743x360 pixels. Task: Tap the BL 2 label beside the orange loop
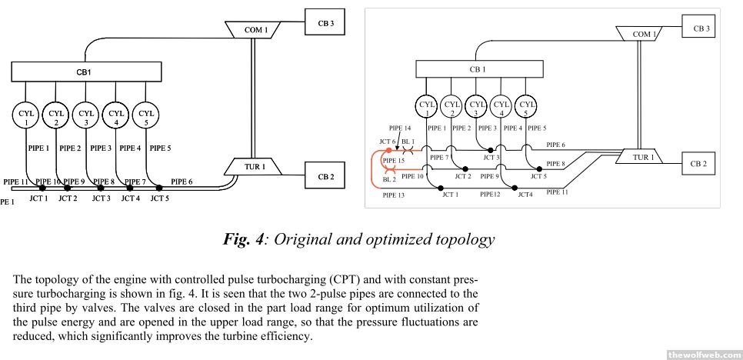[x=388, y=178]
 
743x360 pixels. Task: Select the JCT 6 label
[x=386, y=142]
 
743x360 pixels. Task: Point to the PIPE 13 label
[x=393, y=195]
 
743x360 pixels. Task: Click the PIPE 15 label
[x=393, y=161]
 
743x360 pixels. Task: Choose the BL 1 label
[x=408, y=142]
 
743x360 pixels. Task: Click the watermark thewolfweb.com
[x=704, y=354]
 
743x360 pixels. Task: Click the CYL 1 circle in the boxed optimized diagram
[x=427, y=105]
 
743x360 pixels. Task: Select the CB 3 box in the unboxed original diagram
[x=325, y=23]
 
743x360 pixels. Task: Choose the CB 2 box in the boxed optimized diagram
[x=699, y=164]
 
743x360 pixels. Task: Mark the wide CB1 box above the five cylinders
[x=86, y=72]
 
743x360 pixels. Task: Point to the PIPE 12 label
[x=490, y=195]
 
